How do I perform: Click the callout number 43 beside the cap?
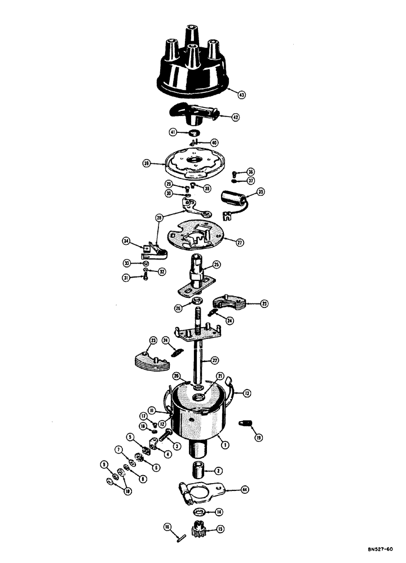[241, 95]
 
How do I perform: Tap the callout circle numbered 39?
[147, 164]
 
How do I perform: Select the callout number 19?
[242, 437]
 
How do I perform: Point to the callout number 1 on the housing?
[225, 445]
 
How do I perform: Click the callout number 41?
[173, 132]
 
